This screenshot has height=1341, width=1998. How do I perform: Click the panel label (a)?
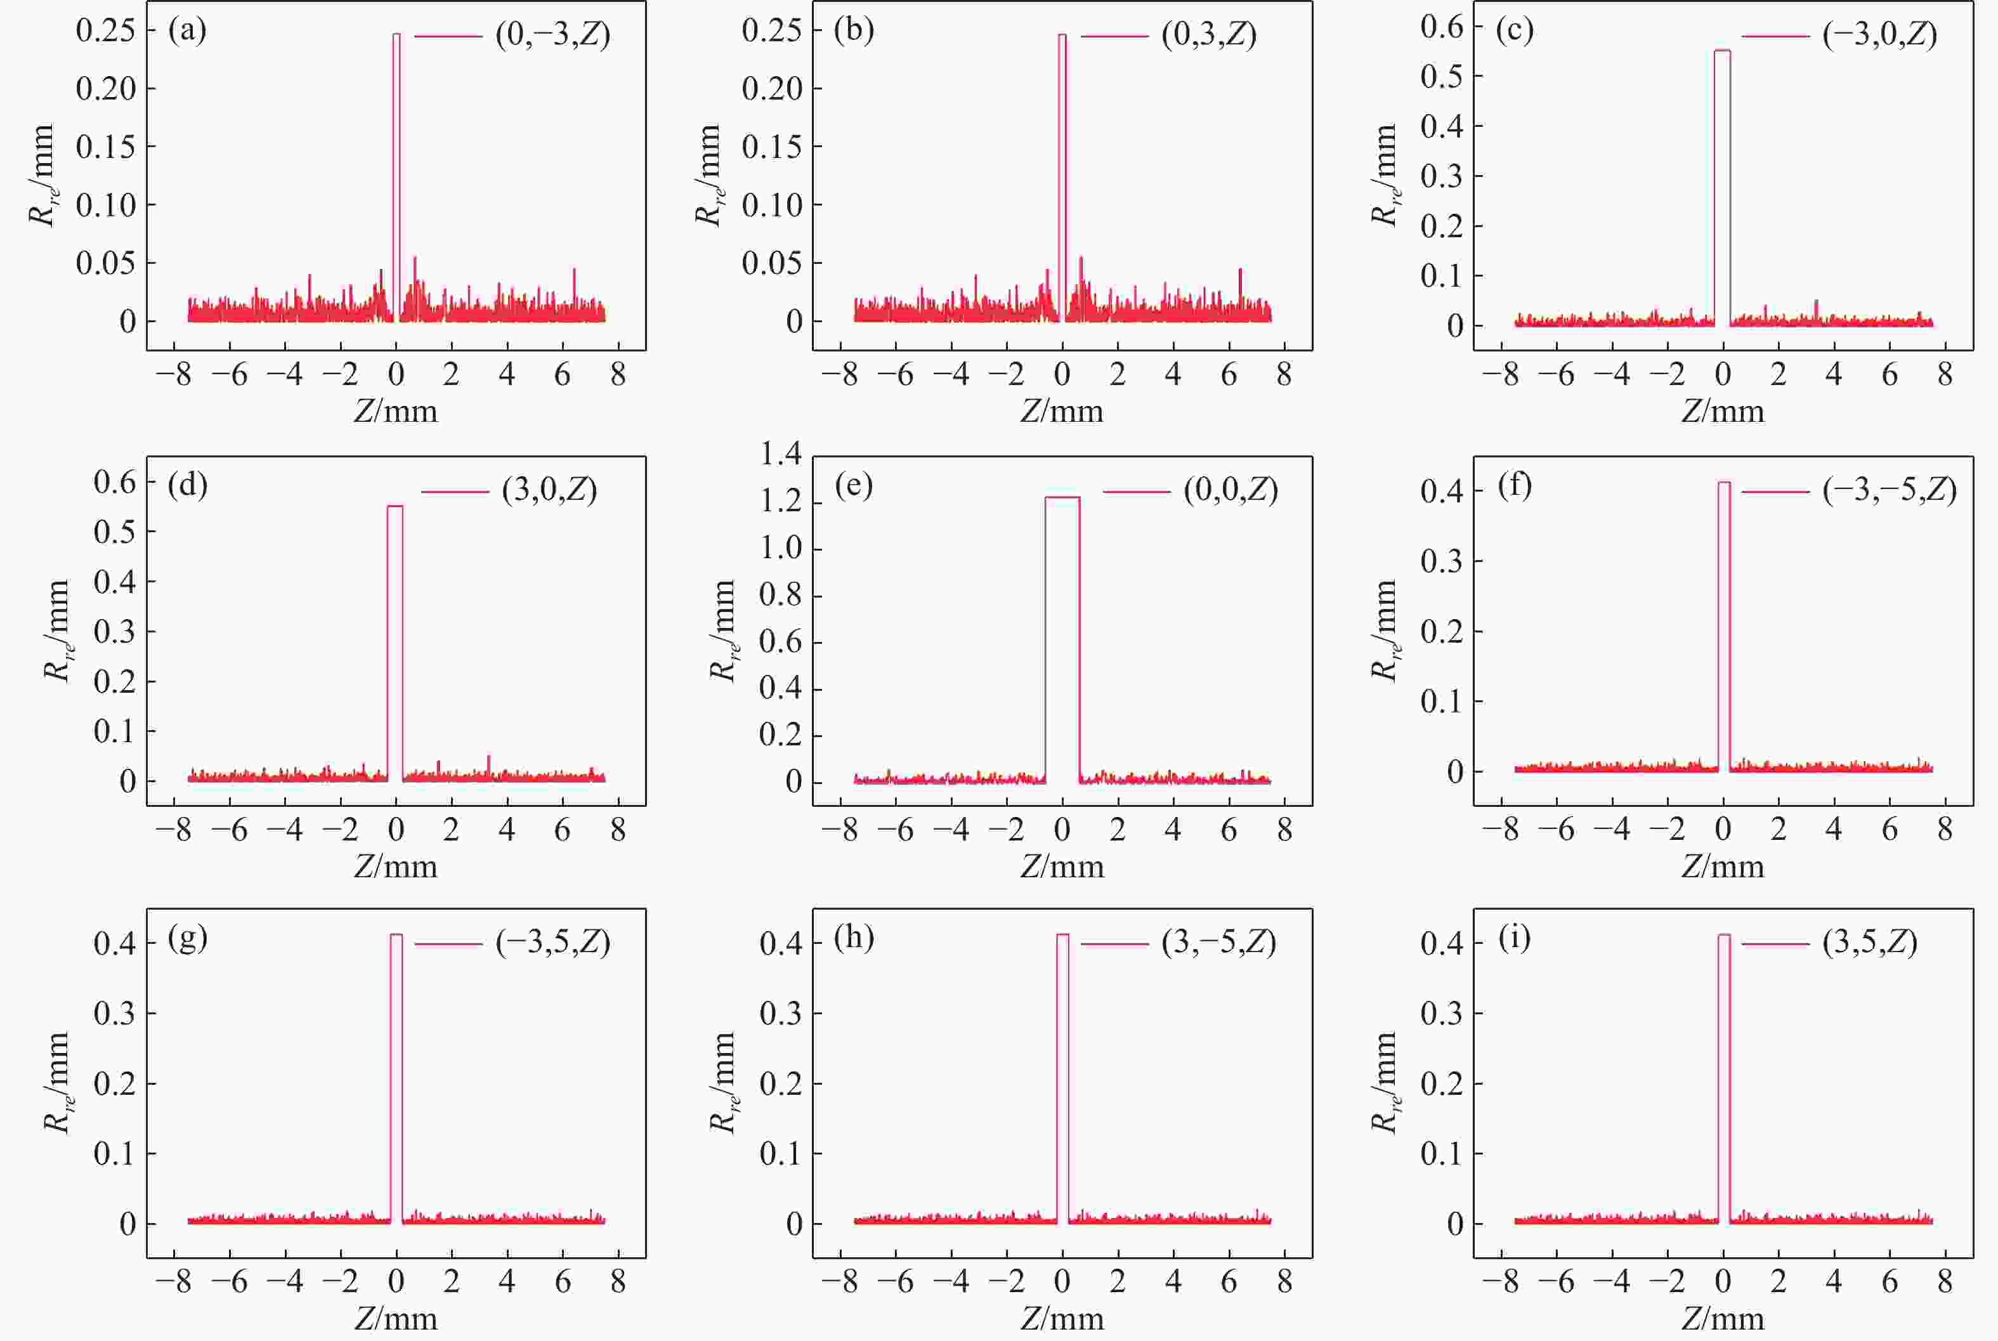tap(187, 31)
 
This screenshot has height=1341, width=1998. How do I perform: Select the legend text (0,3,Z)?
tap(1208, 35)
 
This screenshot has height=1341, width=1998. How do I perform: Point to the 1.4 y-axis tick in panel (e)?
tap(781, 455)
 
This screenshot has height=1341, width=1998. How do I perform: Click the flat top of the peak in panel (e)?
tap(1062, 498)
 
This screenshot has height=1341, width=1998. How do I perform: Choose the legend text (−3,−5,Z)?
tap(1890, 490)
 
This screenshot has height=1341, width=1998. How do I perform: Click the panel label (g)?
tap(187, 938)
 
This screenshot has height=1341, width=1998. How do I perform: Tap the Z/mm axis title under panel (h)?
tap(1062, 1318)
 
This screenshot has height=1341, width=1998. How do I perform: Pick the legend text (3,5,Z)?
tap(1870, 943)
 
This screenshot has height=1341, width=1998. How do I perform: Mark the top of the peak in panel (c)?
tap(1722, 51)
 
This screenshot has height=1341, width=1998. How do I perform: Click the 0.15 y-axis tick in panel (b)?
tap(771, 147)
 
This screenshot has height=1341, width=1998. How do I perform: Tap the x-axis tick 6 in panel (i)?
tap(1890, 1281)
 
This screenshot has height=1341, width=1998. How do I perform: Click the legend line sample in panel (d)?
tap(455, 492)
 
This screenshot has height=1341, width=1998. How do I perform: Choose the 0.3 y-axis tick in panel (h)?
tap(781, 1014)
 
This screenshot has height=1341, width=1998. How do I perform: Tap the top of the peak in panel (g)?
tap(396, 935)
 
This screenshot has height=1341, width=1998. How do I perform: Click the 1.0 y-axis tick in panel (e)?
tap(781, 548)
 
